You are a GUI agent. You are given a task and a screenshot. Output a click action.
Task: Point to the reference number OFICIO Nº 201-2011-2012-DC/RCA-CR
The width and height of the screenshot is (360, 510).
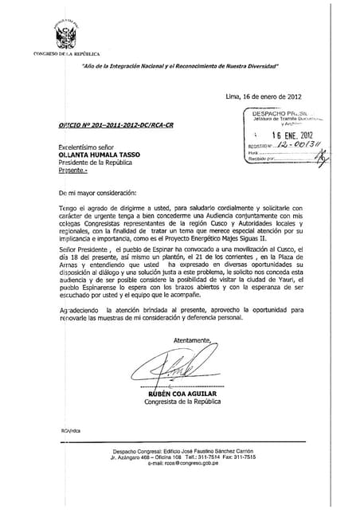pyautogui.click(x=107, y=127)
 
